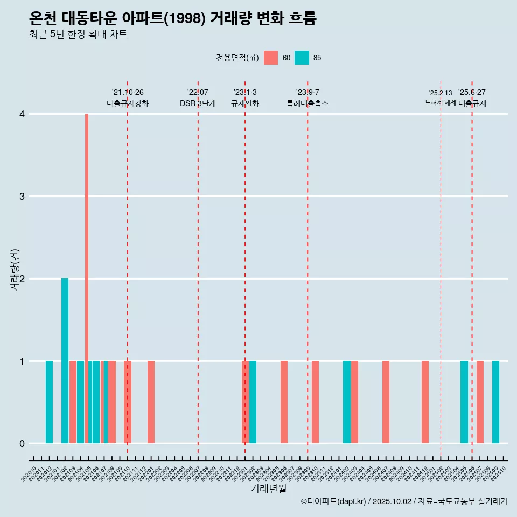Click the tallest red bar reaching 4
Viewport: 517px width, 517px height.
tap(87, 278)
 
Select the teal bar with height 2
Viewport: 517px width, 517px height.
tap(65, 361)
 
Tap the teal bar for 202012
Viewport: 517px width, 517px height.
tap(49, 402)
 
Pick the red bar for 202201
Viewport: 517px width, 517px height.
tap(151, 402)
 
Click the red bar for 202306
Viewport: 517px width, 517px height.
tap(284, 402)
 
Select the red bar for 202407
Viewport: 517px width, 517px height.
tap(386, 402)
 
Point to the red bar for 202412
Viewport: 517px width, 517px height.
tap(425, 402)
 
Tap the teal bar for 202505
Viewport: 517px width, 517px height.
tap(464, 402)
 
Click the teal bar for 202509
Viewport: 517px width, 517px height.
tap(495, 402)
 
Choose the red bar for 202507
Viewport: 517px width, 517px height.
tap(480, 402)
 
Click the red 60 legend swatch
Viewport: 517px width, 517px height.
tap(271, 58)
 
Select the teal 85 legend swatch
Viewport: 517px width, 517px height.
tap(302, 58)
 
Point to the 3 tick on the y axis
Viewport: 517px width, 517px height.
tap(22, 196)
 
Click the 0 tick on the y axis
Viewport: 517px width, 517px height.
tap(22, 443)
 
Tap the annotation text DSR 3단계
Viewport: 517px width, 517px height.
tap(198, 103)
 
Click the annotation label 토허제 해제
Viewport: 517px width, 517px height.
tap(441, 102)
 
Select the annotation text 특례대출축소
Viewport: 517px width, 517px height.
tap(308, 103)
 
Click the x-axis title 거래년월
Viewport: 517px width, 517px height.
tap(268, 489)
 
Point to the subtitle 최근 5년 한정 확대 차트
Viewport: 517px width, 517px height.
tap(78, 34)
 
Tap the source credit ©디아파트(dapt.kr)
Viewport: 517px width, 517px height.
tap(334, 501)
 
